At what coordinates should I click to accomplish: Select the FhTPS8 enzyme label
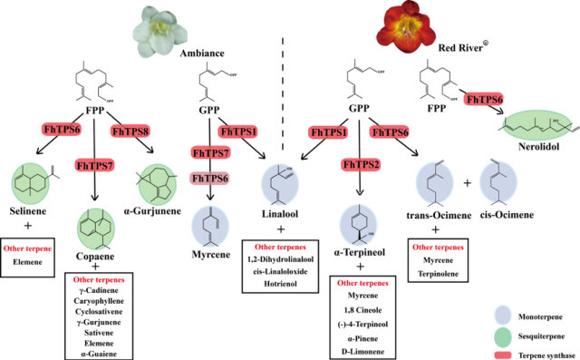pyautogui.click(x=130, y=131)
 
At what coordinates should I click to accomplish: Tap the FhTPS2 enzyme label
pyautogui.click(x=361, y=164)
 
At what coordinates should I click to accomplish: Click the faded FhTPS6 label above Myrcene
pyautogui.click(x=209, y=179)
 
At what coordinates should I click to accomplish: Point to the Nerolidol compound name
pyautogui.click(x=538, y=147)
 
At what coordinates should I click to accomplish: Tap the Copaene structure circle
pyautogui.click(x=96, y=229)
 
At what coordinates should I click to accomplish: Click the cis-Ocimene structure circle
pyautogui.click(x=498, y=182)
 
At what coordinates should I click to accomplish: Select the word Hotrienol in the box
pyautogui.click(x=280, y=284)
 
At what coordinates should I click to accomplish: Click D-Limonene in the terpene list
pyautogui.click(x=362, y=352)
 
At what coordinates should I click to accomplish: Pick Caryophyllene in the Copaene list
pyautogui.click(x=99, y=301)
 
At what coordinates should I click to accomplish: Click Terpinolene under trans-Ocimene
pyautogui.click(x=438, y=274)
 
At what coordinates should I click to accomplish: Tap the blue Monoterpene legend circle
pyautogui.click(x=503, y=316)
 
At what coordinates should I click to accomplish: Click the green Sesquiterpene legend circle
pyautogui.click(x=503, y=336)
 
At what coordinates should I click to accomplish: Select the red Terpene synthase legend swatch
pyautogui.click(x=503, y=355)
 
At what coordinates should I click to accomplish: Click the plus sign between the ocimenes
pyautogui.click(x=468, y=183)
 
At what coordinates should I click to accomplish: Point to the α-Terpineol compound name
pyautogui.click(x=360, y=252)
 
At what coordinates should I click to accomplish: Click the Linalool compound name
pyautogui.click(x=280, y=214)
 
